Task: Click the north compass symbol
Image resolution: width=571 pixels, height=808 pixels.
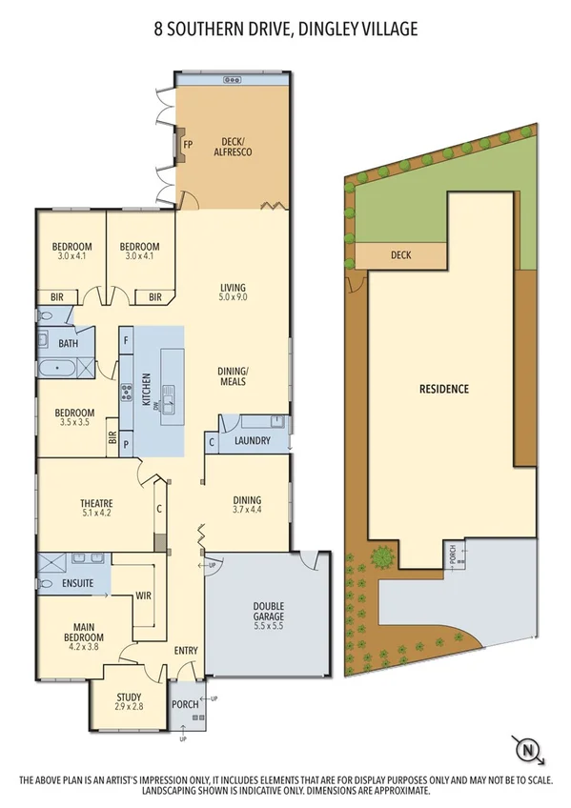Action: pos(527,750)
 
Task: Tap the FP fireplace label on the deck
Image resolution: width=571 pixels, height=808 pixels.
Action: pos(188,145)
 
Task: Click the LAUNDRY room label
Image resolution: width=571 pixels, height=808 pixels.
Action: pos(253,441)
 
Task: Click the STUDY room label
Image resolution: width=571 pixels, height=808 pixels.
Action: pos(128,703)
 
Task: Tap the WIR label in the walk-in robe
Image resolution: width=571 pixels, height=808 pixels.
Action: pos(144,595)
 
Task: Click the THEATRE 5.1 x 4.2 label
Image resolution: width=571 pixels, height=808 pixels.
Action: pos(96,509)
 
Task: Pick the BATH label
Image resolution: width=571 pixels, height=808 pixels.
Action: pos(68,343)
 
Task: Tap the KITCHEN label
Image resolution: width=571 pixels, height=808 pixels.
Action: pos(147,391)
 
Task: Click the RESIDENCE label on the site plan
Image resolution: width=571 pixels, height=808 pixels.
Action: pos(443,389)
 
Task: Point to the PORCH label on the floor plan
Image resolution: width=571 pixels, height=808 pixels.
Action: pos(184,705)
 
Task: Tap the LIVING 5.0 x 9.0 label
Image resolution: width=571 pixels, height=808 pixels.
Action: pos(233,293)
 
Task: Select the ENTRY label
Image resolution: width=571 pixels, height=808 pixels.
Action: pos(186,651)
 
